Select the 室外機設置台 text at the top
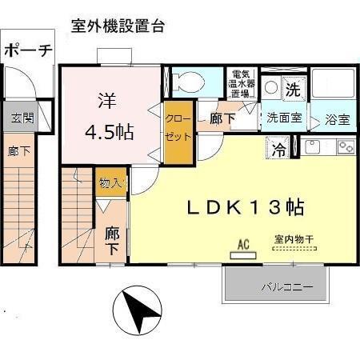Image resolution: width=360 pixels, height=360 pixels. (118, 26)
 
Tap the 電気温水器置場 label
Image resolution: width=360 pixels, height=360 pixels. (241, 82)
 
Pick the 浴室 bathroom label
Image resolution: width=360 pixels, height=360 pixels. (337, 121)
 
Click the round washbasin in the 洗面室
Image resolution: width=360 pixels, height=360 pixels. (270, 88)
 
